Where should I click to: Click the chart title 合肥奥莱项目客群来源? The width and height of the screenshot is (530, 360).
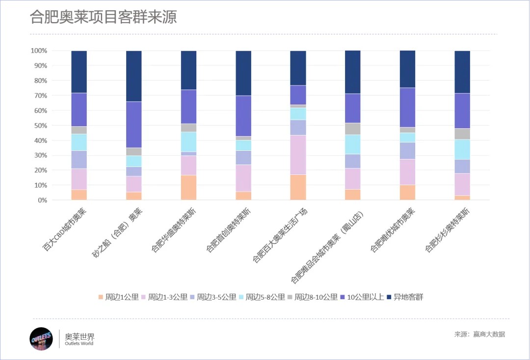103,17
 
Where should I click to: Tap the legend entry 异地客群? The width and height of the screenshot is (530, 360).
405,297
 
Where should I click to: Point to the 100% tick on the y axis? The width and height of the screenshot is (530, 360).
39,51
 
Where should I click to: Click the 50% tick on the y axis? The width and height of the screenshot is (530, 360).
41,125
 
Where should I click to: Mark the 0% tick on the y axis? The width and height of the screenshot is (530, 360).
42,200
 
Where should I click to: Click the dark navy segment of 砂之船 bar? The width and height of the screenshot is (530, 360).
134,76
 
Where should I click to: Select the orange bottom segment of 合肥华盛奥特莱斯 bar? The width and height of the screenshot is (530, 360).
189,188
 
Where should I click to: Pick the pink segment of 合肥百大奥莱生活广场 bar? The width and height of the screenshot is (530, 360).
298,155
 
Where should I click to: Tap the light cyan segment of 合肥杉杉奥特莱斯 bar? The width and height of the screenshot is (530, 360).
462,149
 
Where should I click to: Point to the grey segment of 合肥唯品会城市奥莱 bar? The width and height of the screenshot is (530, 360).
353,129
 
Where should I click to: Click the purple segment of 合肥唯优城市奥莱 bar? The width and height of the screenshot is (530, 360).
407,107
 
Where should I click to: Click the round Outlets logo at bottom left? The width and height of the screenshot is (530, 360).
41,339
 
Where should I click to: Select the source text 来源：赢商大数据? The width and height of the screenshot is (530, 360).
479,334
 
